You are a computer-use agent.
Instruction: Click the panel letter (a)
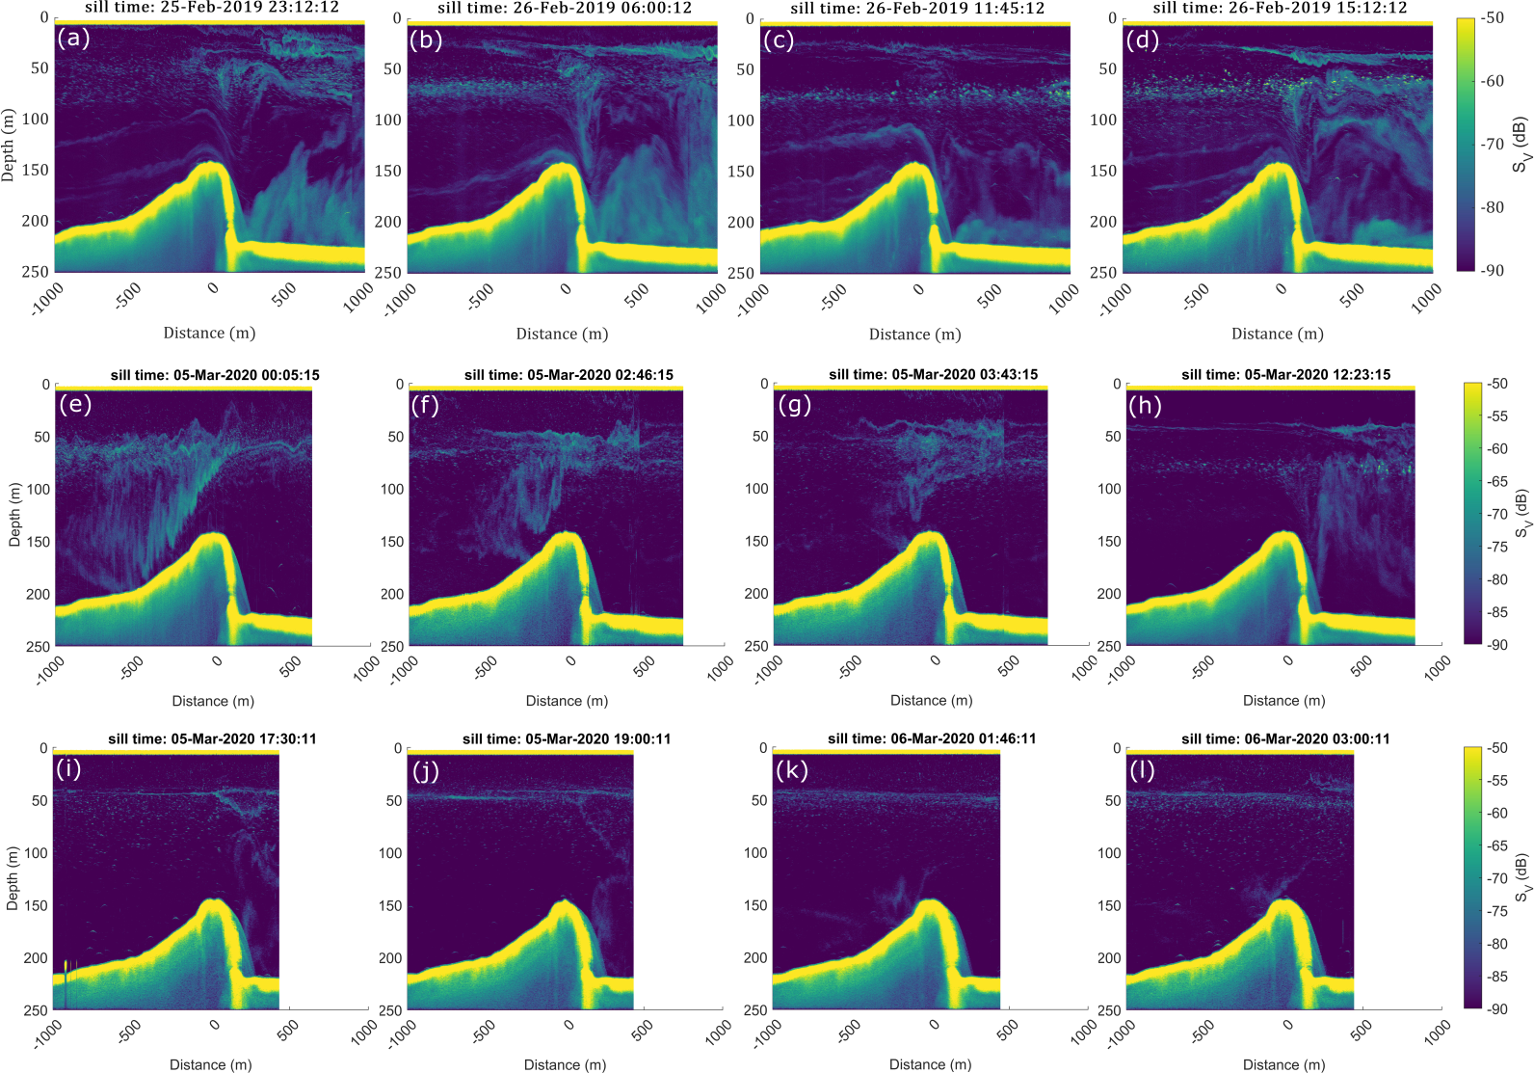click(x=73, y=39)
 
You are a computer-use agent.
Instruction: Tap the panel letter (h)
click(x=1145, y=405)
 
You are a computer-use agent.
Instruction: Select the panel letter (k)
click(x=791, y=769)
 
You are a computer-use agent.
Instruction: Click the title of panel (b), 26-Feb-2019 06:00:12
click(x=565, y=8)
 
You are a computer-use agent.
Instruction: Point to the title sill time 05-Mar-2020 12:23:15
click(x=1285, y=374)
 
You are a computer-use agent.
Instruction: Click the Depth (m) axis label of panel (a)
click(x=9, y=146)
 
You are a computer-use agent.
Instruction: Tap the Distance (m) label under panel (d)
click(x=1277, y=334)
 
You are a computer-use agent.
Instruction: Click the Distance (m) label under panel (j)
click(x=565, y=1064)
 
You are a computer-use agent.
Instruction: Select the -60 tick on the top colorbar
click(x=1493, y=81)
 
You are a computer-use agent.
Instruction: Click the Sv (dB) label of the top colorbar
click(x=1520, y=146)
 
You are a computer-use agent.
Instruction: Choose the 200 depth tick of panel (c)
click(x=741, y=222)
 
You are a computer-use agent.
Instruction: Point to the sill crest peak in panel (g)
click(x=930, y=533)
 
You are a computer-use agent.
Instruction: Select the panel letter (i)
click(x=68, y=769)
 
